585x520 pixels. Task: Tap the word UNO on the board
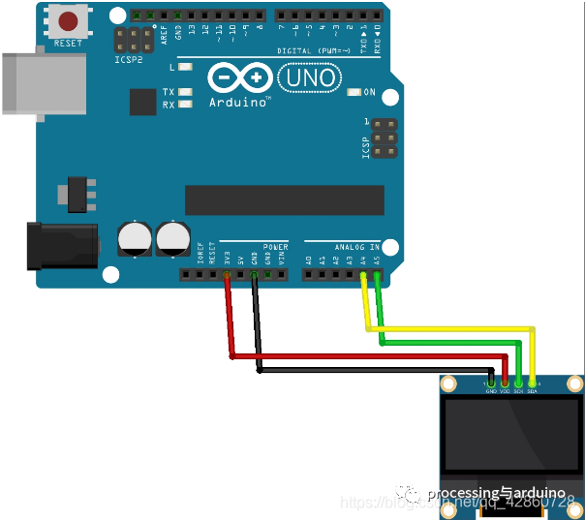click(x=309, y=76)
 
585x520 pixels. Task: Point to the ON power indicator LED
click(x=353, y=92)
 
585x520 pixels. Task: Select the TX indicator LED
click(x=185, y=91)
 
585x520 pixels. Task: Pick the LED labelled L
click(x=185, y=67)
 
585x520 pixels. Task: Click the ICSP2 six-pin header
click(x=134, y=40)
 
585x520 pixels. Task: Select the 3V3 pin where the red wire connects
click(x=227, y=275)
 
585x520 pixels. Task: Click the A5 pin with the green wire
click(x=377, y=275)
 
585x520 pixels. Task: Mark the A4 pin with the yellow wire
click(x=363, y=275)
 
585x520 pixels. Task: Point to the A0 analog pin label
click(x=309, y=260)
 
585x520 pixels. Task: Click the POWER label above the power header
click(x=275, y=247)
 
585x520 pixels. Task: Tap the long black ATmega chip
click(x=285, y=199)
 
